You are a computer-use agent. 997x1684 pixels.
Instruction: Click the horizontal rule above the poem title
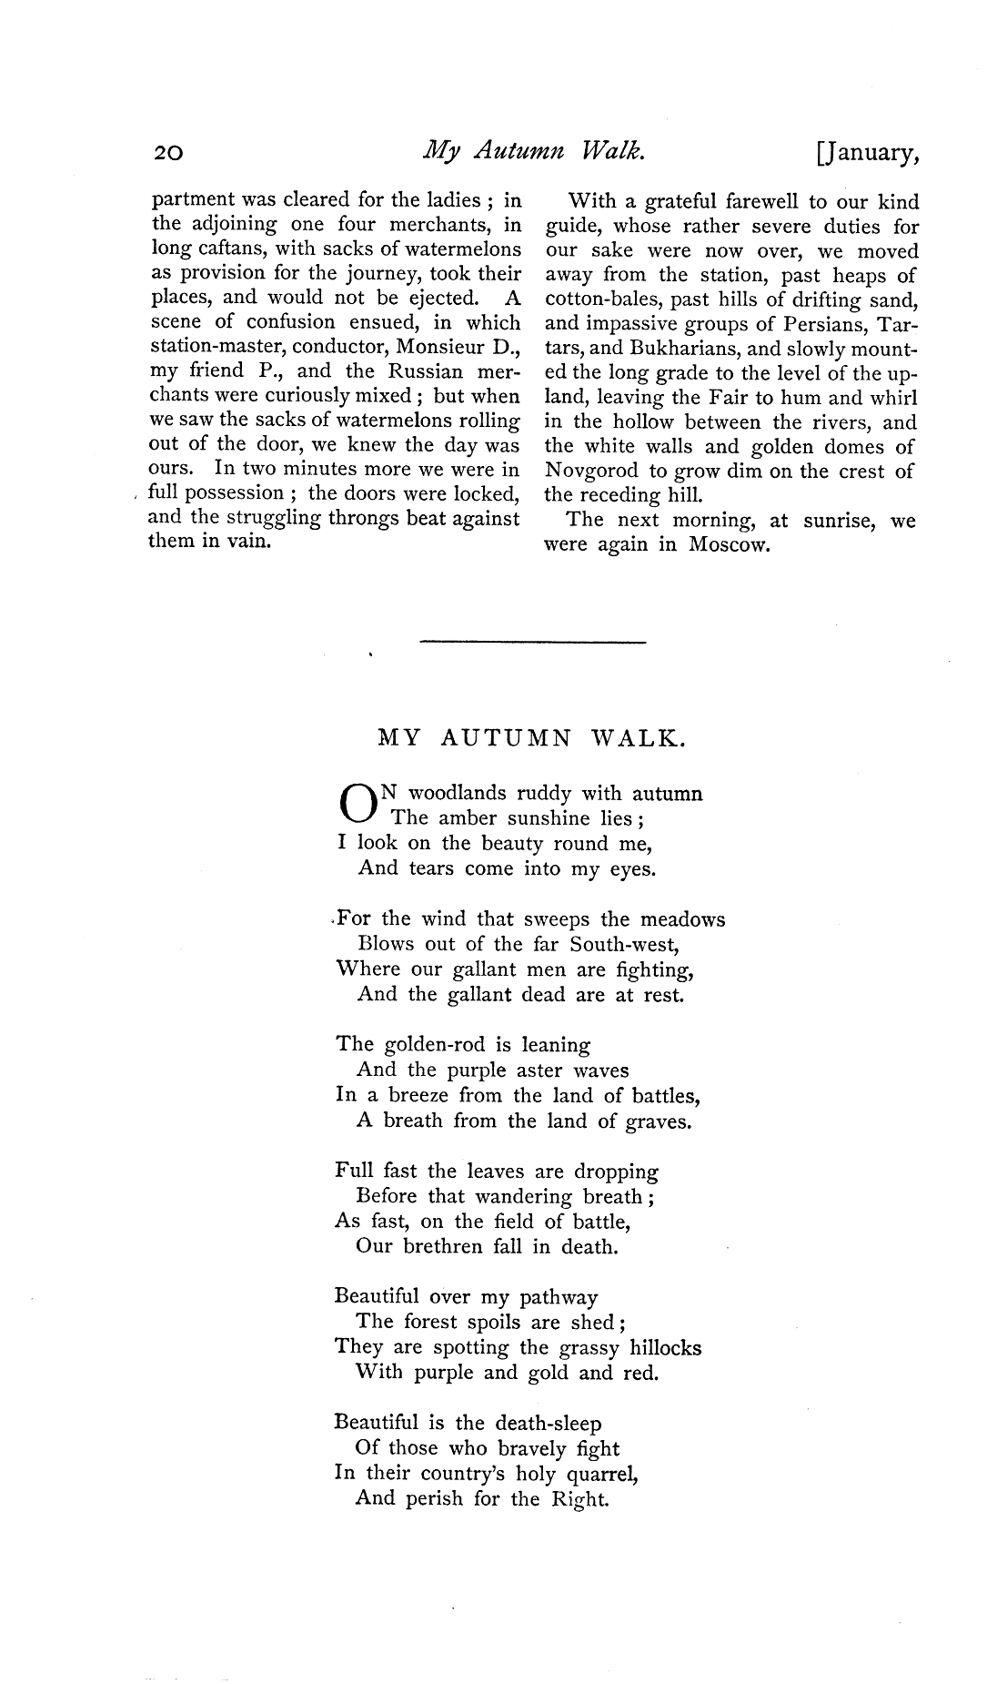coord(532,643)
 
